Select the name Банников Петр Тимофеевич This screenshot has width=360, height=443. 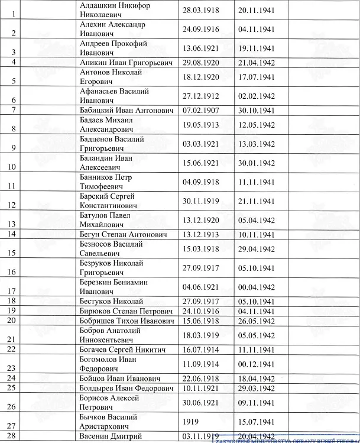pos(106,182)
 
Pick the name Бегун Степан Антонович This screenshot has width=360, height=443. pos(123,234)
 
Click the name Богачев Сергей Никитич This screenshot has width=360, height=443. pos(123,350)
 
